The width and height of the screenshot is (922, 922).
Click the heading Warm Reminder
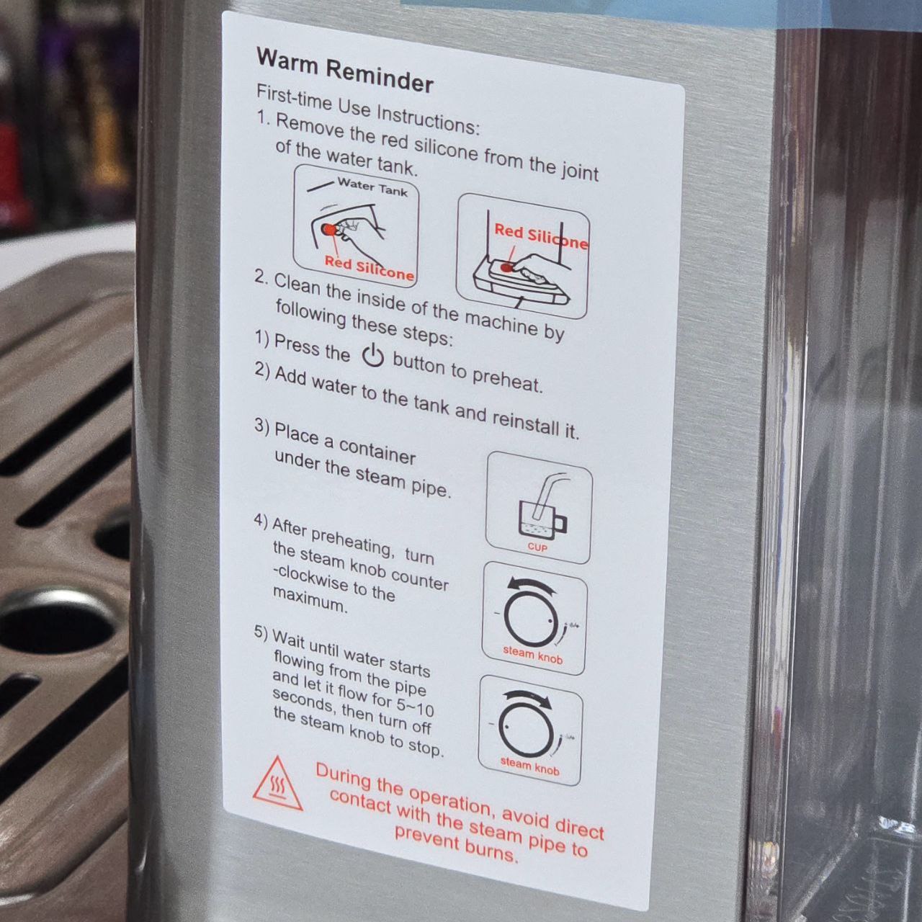(x=345, y=70)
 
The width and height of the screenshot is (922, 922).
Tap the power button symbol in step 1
(x=372, y=356)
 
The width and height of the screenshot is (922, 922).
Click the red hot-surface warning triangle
(x=277, y=784)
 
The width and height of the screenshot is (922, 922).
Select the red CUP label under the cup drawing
(x=537, y=547)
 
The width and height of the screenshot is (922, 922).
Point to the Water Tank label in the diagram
(x=372, y=187)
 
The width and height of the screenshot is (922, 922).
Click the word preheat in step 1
(x=508, y=380)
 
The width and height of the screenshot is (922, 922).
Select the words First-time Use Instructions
(x=367, y=109)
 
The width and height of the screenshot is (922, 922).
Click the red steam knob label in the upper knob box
(x=532, y=655)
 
